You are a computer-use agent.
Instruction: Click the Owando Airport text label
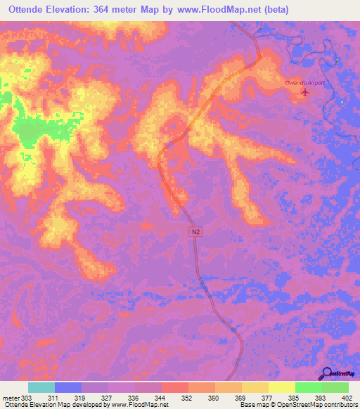pos(307,82)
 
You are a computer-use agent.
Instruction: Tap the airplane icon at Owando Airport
pos(304,92)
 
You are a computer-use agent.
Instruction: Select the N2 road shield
pos(195,231)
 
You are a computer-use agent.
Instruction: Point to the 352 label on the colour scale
pos(188,398)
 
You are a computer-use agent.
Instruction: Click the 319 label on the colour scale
pos(80,398)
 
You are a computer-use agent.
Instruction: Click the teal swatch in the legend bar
pos(41,387)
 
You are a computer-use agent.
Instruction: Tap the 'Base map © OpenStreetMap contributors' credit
pos(297,405)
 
